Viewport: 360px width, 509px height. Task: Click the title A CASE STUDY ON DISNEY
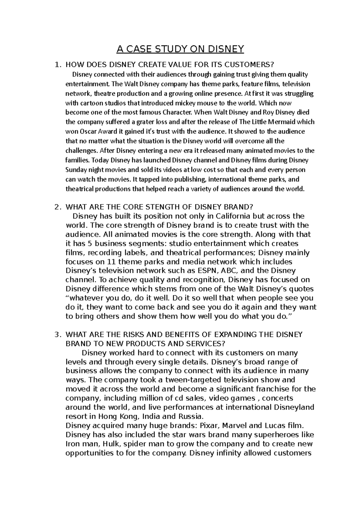click(x=180, y=49)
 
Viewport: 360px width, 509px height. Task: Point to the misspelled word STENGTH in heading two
click(x=160, y=207)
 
